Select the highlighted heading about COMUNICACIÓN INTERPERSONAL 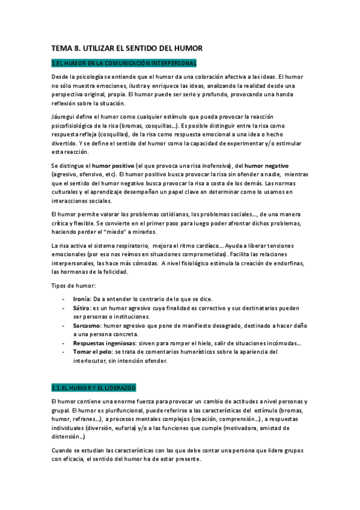pyautogui.click(x=123, y=63)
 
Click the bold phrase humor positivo pyautogui.click(x=113, y=165)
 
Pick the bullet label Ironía pyautogui.click(x=81, y=299)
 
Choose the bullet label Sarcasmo pyautogui.click(x=87, y=325)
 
